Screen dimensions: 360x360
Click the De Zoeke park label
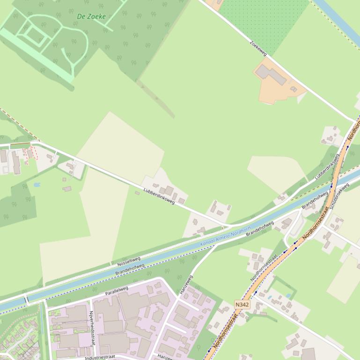91,16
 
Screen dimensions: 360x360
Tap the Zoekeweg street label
258,48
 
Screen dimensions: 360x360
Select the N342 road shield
242,304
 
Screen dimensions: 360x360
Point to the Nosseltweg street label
129,260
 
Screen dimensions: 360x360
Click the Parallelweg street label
117,291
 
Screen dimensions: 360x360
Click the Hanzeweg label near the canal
185,284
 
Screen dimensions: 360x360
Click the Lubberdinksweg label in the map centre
159,196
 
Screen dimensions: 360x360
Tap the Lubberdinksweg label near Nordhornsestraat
327,166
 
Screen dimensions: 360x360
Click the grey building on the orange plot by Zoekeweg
271,74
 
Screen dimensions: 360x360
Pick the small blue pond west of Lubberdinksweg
37,185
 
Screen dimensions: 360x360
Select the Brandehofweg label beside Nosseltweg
130,270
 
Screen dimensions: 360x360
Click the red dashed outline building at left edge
30,154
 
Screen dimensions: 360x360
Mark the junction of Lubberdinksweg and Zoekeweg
354,122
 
